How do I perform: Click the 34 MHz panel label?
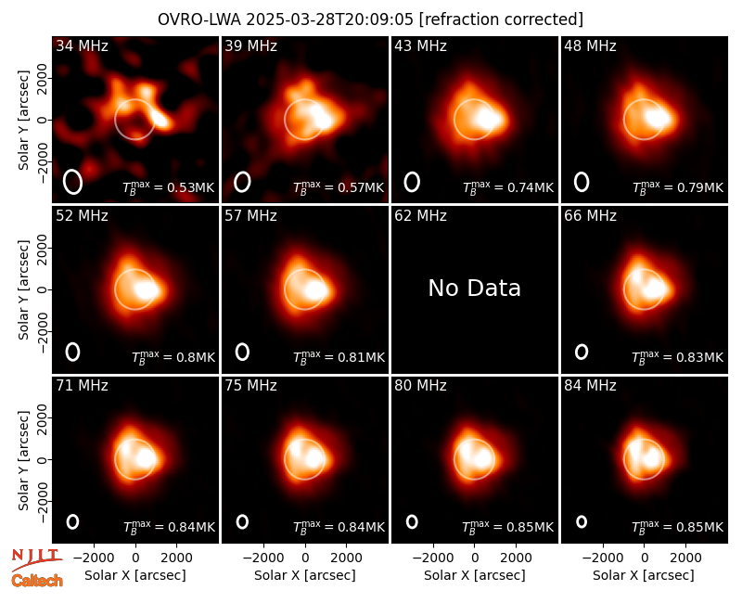82,45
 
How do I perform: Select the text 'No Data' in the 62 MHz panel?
474,289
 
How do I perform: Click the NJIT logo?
36,559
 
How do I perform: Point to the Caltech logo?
37,581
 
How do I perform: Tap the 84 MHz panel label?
590,386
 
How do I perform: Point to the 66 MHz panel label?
590,216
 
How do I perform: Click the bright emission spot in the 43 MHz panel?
488,119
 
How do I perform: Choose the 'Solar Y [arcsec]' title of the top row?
23,121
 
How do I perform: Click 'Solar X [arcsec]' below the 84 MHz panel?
644,575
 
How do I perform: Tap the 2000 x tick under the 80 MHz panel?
517,558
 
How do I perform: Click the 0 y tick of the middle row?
43,289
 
